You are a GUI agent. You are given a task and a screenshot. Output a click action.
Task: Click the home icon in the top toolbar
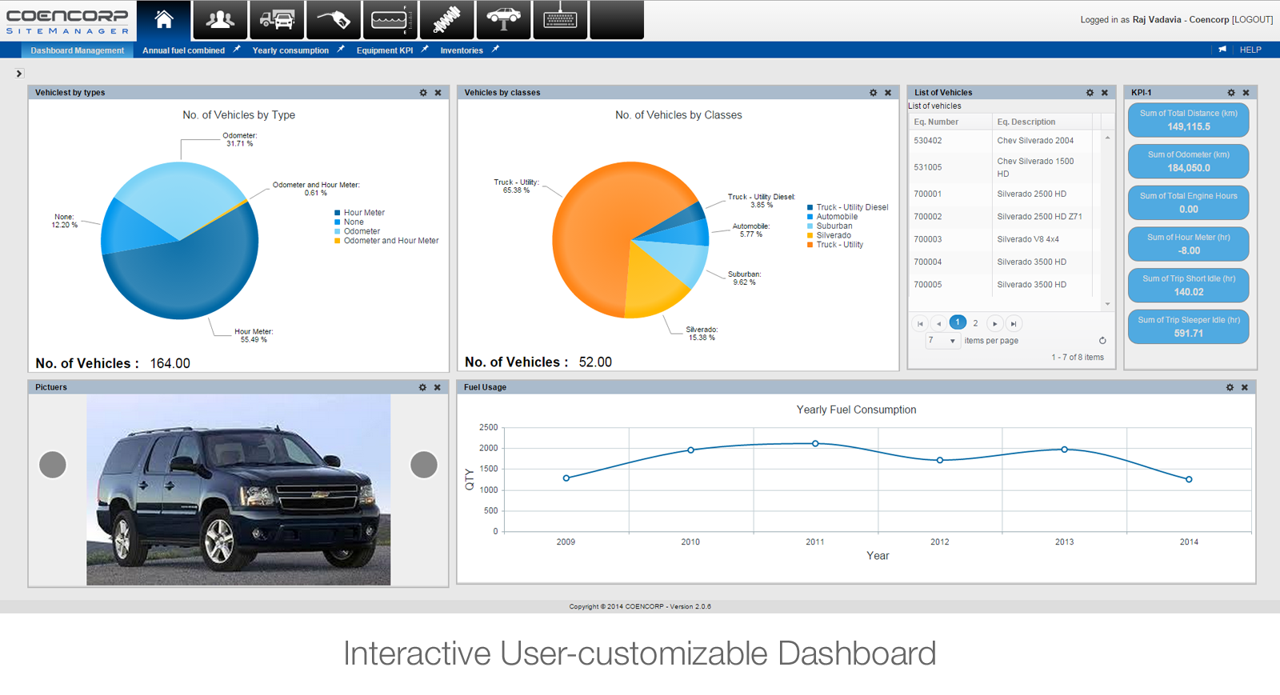164,20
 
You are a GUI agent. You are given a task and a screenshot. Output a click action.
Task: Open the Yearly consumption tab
290,50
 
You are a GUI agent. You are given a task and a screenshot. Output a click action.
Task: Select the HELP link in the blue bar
1250,50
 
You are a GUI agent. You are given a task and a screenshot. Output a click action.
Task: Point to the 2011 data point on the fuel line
815,443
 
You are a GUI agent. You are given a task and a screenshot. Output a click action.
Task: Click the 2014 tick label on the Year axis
1189,542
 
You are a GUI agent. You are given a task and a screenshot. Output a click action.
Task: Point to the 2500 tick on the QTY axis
488,428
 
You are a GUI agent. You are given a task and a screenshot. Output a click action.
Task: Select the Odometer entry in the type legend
362,231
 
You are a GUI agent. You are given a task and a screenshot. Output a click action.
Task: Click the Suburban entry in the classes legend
834,226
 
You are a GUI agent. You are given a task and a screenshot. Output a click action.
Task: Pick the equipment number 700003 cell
928,239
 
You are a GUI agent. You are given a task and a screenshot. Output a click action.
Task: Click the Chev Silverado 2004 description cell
1035,141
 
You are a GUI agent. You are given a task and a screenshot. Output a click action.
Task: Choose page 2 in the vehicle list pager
975,323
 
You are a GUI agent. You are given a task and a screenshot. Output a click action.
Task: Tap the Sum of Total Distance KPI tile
1188,120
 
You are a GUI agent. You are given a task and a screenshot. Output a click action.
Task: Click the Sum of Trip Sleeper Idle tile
1188,326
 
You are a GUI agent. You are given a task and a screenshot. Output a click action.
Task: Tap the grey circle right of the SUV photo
424,465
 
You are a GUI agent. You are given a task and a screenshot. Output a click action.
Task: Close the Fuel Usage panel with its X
1244,388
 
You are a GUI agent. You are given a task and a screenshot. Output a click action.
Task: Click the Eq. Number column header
936,122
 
